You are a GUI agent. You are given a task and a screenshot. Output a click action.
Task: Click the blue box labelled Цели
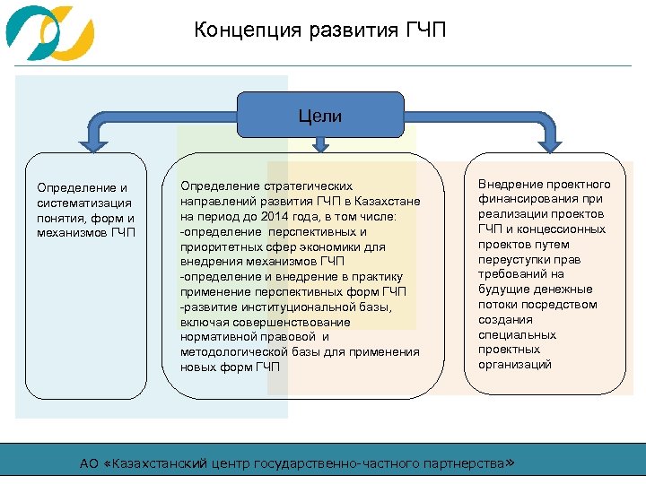click(320, 116)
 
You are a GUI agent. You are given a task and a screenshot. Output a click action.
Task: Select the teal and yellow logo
click(49, 33)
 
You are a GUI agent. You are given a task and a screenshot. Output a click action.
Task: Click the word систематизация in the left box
click(78, 203)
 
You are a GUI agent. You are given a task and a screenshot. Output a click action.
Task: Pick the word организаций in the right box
click(515, 365)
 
